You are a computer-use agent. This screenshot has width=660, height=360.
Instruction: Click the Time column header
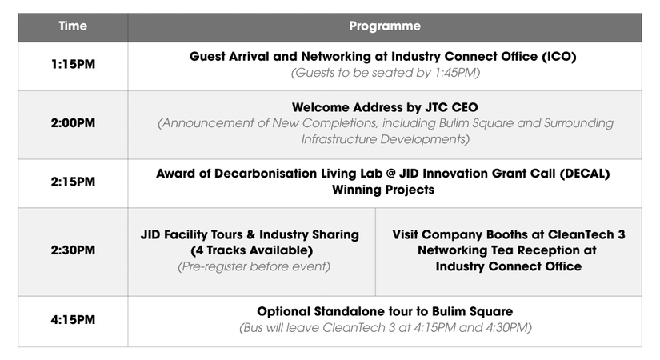[x=73, y=26]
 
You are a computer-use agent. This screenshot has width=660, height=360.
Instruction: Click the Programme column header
[x=385, y=26]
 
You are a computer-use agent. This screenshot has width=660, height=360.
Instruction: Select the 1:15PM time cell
[x=73, y=65]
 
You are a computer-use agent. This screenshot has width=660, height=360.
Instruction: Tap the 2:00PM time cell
[x=73, y=123]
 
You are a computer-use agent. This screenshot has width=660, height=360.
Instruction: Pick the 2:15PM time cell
[x=73, y=182]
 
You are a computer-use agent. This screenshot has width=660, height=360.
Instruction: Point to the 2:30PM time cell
[x=73, y=250]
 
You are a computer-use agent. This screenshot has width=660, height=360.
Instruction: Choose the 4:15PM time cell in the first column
[x=73, y=320]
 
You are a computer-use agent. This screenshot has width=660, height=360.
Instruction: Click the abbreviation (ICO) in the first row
[x=558, y=57]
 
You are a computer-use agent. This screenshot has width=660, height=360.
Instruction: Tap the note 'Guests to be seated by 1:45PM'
[x=385, y=73]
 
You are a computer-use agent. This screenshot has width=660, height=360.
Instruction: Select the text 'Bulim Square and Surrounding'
[x=526, y=123]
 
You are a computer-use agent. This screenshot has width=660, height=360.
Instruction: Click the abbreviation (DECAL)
[x=585, y=174]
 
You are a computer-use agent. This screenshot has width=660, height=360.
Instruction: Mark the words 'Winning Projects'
[x=383, y=190]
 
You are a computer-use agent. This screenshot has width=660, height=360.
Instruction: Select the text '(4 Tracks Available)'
[x=252, y=250]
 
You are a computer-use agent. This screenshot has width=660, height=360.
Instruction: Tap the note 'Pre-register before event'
[x=254, y=266]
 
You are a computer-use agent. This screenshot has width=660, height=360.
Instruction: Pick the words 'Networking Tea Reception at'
[x=506, y=250]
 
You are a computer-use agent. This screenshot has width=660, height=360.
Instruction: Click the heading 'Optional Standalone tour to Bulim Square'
[x=385, y=311]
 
